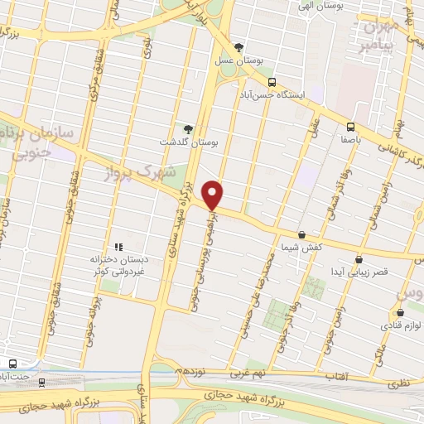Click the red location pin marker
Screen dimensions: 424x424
coord(214,194)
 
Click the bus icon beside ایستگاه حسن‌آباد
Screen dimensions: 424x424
coord(272,81)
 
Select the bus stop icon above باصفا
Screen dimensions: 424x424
coord(350,127)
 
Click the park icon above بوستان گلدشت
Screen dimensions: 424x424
coord(188,128)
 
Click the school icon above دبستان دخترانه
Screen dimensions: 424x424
coord(118,246)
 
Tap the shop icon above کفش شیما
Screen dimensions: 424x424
coord(301,235)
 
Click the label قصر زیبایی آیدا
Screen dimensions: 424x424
coord(359,272)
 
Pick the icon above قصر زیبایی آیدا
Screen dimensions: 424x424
coord(359,258)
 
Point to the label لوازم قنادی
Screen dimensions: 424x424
coord(400,326)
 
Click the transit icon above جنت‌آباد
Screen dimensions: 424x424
coord(11,364)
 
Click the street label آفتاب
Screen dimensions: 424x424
coord(335,376)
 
